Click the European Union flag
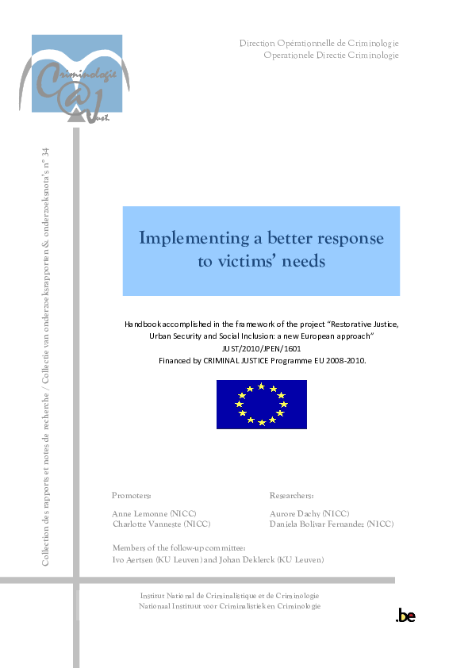pos(261,405)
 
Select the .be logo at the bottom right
pos(405,616)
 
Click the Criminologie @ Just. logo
pos(78,79)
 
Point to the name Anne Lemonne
pos(144,513)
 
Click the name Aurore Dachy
pos(298,513)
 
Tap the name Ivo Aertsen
pos(134,560)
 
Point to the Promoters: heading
pos(132,495)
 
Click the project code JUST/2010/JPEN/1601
pos(262,349)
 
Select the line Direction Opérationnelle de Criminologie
pos(319,43)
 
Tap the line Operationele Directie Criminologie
pos(331,55)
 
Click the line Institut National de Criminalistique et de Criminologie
pos(229,596)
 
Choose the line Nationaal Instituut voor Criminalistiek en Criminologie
pos(229,606)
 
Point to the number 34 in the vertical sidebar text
pos(45,152)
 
